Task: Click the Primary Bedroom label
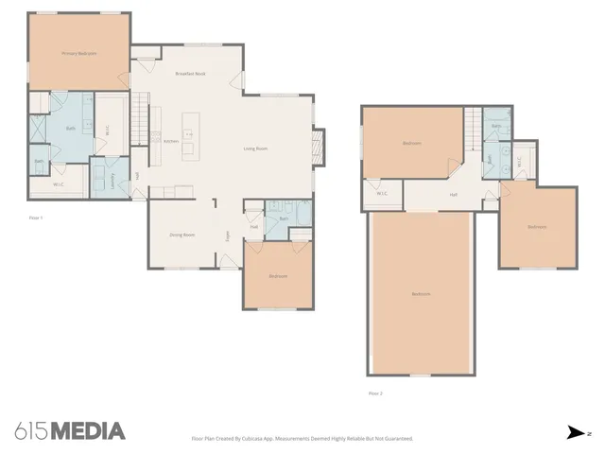tap(80, 54)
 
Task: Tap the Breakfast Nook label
tap(191, 73)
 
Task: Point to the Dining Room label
tap(181, 234)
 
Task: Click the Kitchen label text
tap(171, 142)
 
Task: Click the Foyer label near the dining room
tap(227, 236)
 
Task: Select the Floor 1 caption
tap(37, 217)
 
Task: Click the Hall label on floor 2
tap(453, 195)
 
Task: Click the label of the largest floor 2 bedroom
tap(421, 294)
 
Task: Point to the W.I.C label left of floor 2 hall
tap(382, 194)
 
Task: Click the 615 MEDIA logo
tap(70, 431)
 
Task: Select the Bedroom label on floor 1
tap(278, 276)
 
